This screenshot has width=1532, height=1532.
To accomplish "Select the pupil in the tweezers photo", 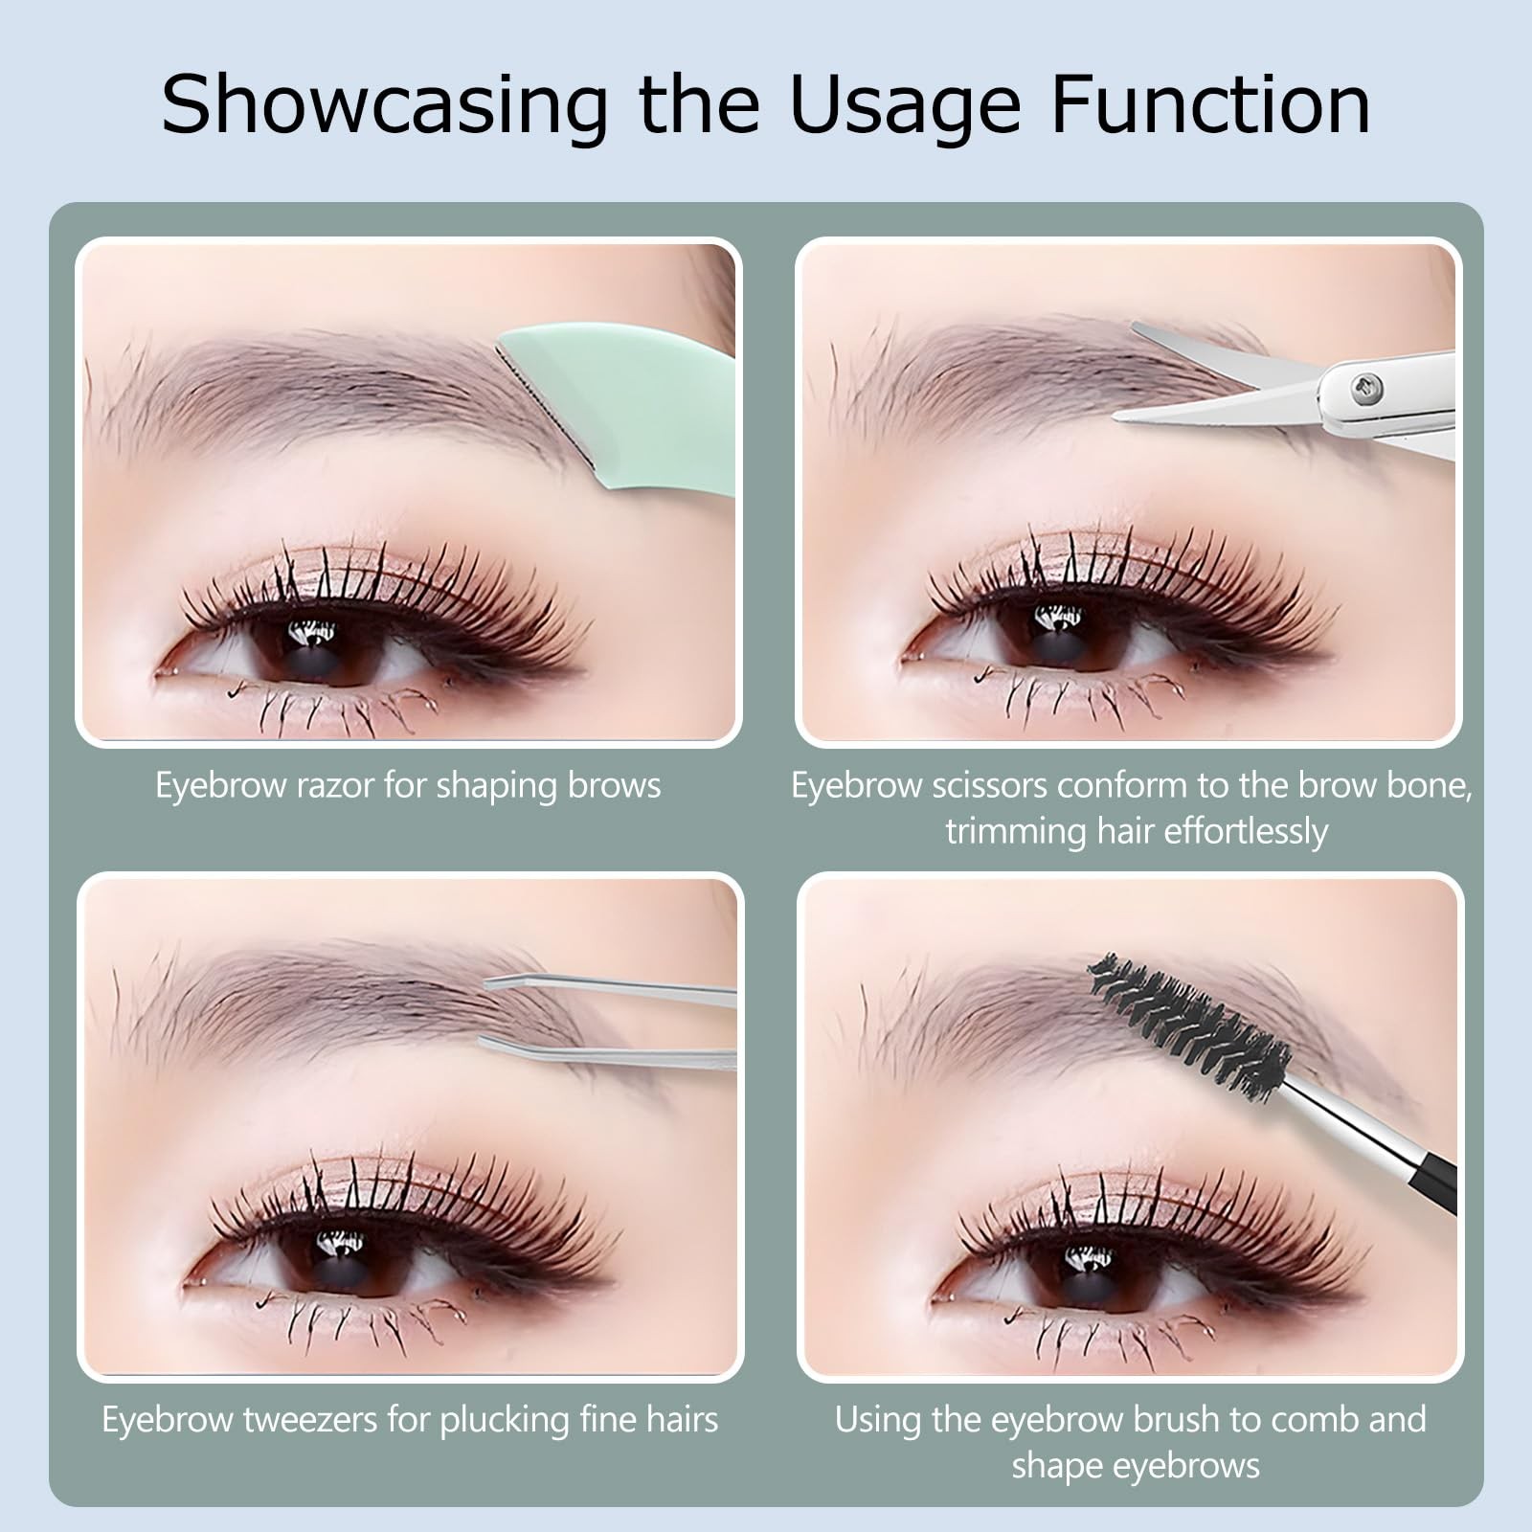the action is tap(339, 1259).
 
